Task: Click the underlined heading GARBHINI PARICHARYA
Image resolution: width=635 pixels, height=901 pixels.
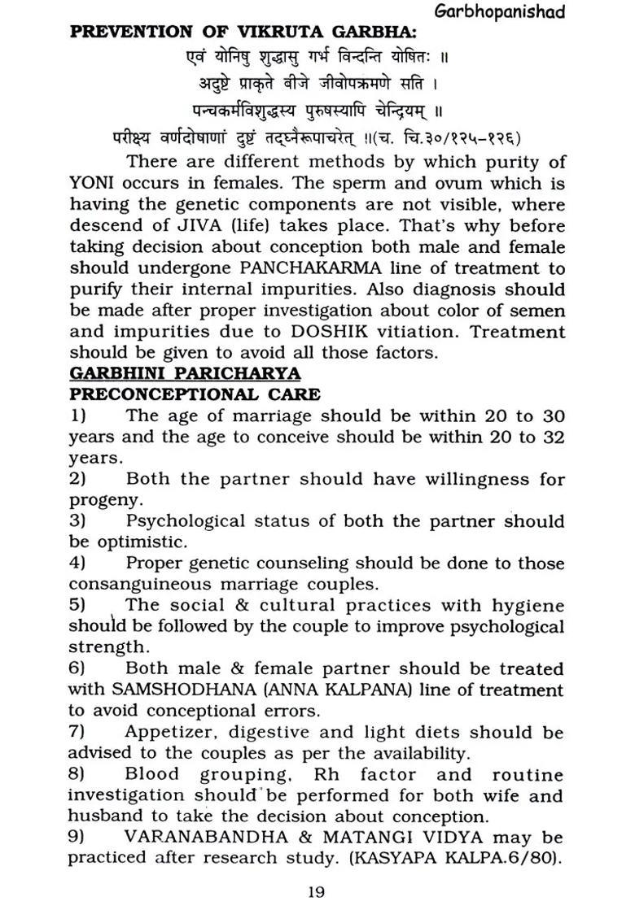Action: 185,373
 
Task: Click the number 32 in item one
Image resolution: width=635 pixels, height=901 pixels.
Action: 553,437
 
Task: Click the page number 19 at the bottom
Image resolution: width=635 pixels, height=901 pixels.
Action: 317,891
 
